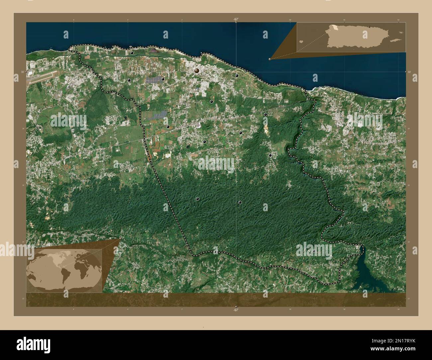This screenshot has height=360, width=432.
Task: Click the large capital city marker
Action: click(x=197, y=70)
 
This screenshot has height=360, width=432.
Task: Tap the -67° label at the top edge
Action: click(x=236, y=20)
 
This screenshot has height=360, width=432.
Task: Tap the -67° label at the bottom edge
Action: click(x=236, y=310)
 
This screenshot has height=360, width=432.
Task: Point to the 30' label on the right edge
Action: click(x=409, y=72)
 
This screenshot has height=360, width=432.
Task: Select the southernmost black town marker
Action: click(x=314, y=251)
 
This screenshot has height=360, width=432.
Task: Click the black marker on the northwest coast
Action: click(x=132, y=53)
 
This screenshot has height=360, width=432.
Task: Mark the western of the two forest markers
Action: click(x=198, y=199)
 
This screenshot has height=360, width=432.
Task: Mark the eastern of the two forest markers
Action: click(x=239, y=202)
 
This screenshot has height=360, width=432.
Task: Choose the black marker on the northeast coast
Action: click(x=237, y=76)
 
